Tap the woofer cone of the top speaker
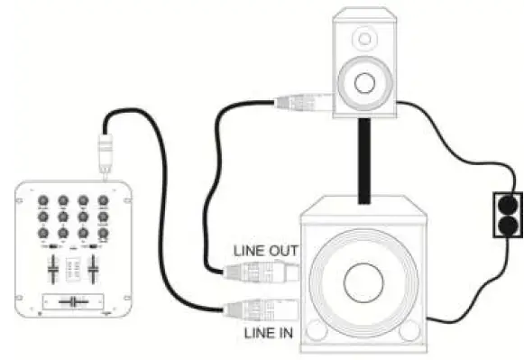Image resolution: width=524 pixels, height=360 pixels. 364,83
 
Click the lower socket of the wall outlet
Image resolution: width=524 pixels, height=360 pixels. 507,225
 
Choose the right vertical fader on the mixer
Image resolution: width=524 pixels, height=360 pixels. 93,268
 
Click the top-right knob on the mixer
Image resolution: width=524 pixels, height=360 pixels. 103,201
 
